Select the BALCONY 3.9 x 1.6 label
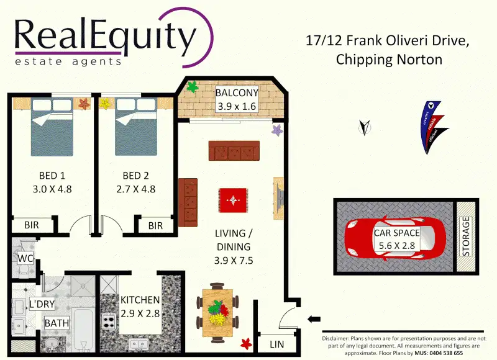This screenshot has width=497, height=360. click(x=236, y=100)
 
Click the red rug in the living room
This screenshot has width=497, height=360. click(x=234, y=200)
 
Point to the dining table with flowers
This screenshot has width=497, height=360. click(x=217, y=308)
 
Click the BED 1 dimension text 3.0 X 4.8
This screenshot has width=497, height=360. click(x=52, y=189)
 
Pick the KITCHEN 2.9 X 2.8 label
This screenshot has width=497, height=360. click(x=140, y=306)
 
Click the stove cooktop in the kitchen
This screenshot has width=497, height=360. click(x=109, y=322)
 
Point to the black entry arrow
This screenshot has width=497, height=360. click(x=314, y=320)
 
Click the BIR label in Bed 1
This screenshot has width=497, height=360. click(x=32, y=226)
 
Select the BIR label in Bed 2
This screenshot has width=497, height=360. click(x=155, y=226)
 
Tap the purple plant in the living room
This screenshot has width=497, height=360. click(x=278, y=130)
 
